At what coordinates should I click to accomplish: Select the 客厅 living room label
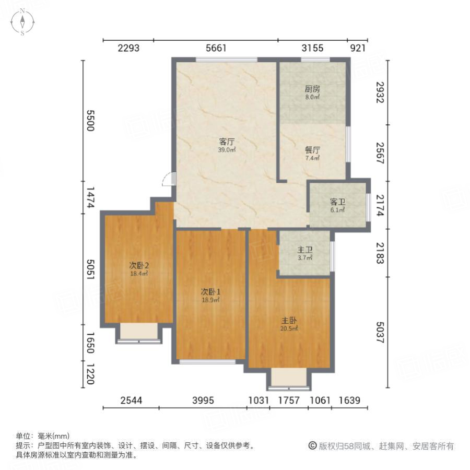[x=226, y=141]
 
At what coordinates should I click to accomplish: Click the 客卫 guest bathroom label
[x=337, y=202]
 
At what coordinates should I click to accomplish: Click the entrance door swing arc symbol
[x=168, y=179]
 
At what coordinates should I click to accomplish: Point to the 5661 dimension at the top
[x=216, y=49]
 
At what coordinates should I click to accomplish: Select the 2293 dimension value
[x=128, y=49]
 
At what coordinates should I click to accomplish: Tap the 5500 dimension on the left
[x=90, y=121]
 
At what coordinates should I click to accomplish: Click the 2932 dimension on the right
[x=380, y=92]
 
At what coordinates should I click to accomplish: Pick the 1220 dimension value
[x=90, y=374]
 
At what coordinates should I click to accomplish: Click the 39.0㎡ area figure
[x=227, y=149]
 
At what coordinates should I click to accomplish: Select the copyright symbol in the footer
[x=313, y=446]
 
